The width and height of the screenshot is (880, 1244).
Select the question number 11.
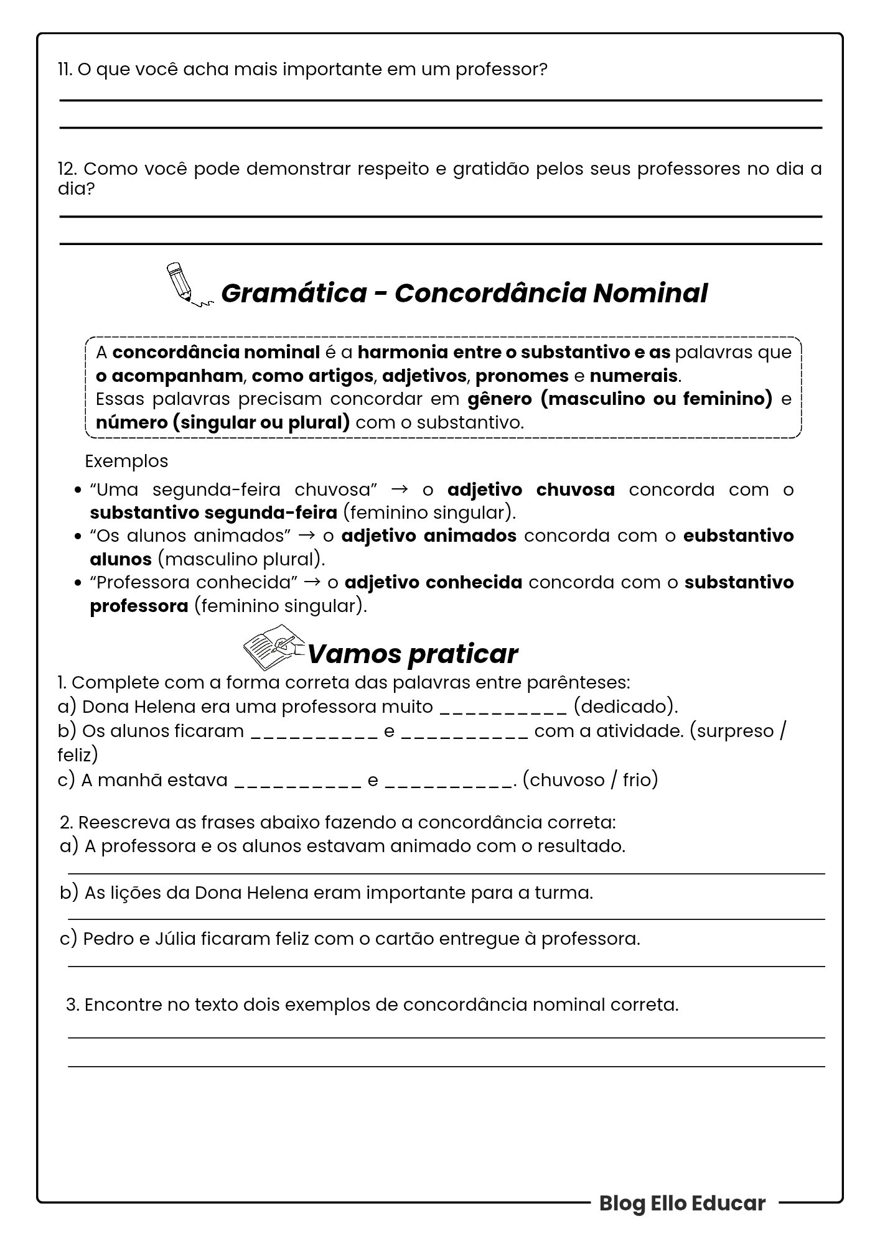pos(65,70)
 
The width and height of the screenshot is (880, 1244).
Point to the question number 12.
pos(67,169)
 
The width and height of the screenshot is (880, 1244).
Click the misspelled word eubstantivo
pos(738,536)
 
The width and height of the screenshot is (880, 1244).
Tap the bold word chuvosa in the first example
pos(575,490)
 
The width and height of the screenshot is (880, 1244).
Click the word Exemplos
pos(126,462)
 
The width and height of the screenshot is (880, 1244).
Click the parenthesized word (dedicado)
pos(625,707)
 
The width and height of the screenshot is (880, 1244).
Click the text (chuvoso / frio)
pos(589,780)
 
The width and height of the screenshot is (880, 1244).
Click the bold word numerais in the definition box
pos(633,376)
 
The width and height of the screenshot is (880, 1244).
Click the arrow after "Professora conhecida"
pos(314,583)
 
